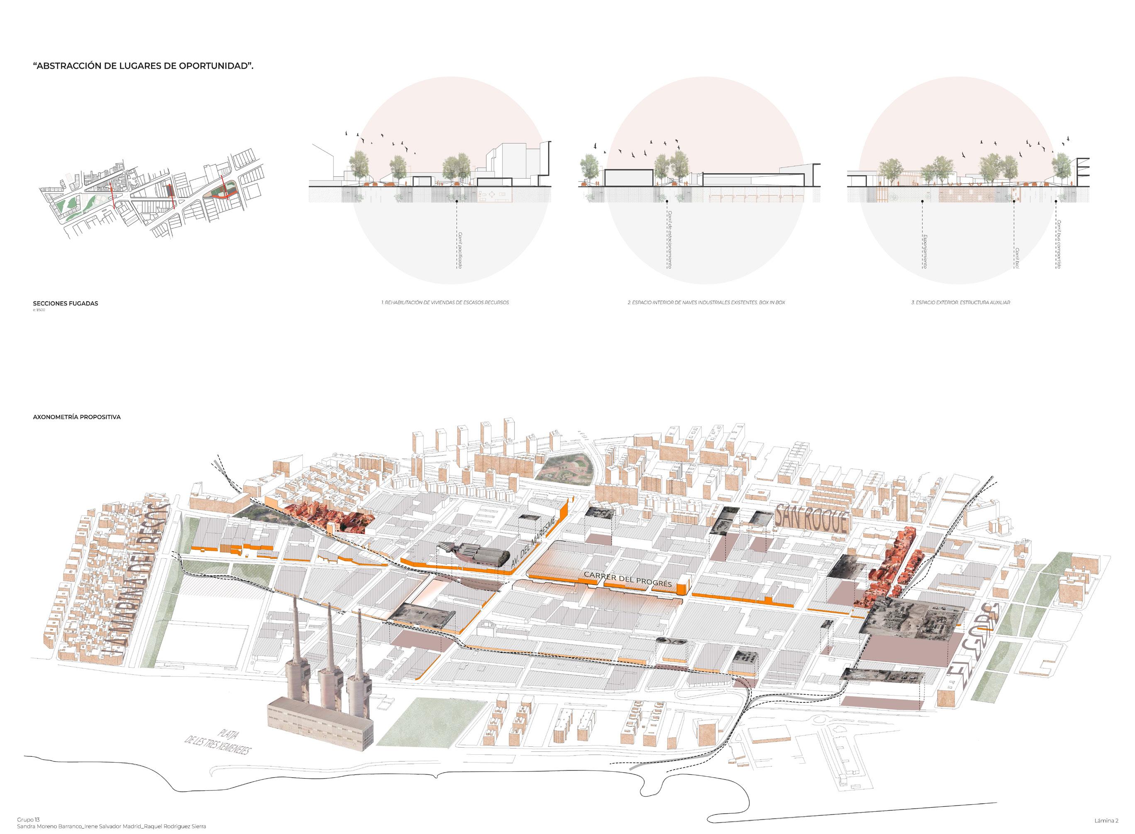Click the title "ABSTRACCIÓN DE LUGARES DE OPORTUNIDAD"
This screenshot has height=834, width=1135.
coord(143,66)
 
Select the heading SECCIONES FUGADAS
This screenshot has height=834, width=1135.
coord(66,303)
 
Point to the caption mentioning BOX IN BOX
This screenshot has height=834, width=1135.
coord(706,302)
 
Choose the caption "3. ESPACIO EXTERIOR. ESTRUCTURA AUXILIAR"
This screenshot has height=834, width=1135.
coord(960,302)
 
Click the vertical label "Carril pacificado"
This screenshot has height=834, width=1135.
coord(460,250)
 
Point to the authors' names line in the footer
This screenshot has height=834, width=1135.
coord(112,827)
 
